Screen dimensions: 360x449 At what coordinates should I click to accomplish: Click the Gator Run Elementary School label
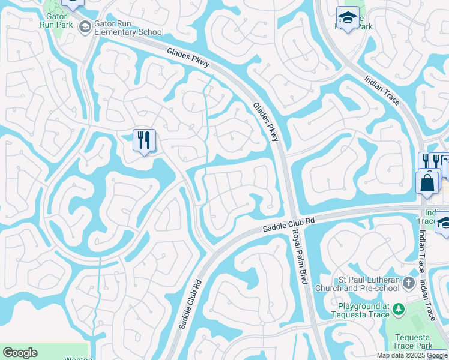(x=128, y=28)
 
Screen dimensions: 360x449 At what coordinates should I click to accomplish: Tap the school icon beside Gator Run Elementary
(x=85, y=27)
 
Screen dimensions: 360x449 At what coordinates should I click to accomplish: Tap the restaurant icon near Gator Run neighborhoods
(x=144, y=140)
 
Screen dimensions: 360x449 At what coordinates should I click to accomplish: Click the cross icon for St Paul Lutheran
(x=409, y=282)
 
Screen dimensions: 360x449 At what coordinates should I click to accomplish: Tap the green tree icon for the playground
(x=397, y=310)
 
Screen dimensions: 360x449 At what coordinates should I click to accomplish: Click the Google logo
(x=20, y=353)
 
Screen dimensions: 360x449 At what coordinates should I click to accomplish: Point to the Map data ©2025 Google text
(x=412, y=355)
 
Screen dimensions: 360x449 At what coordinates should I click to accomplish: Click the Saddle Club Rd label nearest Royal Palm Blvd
(x=289, y=223)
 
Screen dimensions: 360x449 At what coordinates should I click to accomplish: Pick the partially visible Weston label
(x=79, y=358)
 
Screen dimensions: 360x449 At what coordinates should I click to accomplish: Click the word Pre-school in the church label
(x=382, y=287)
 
